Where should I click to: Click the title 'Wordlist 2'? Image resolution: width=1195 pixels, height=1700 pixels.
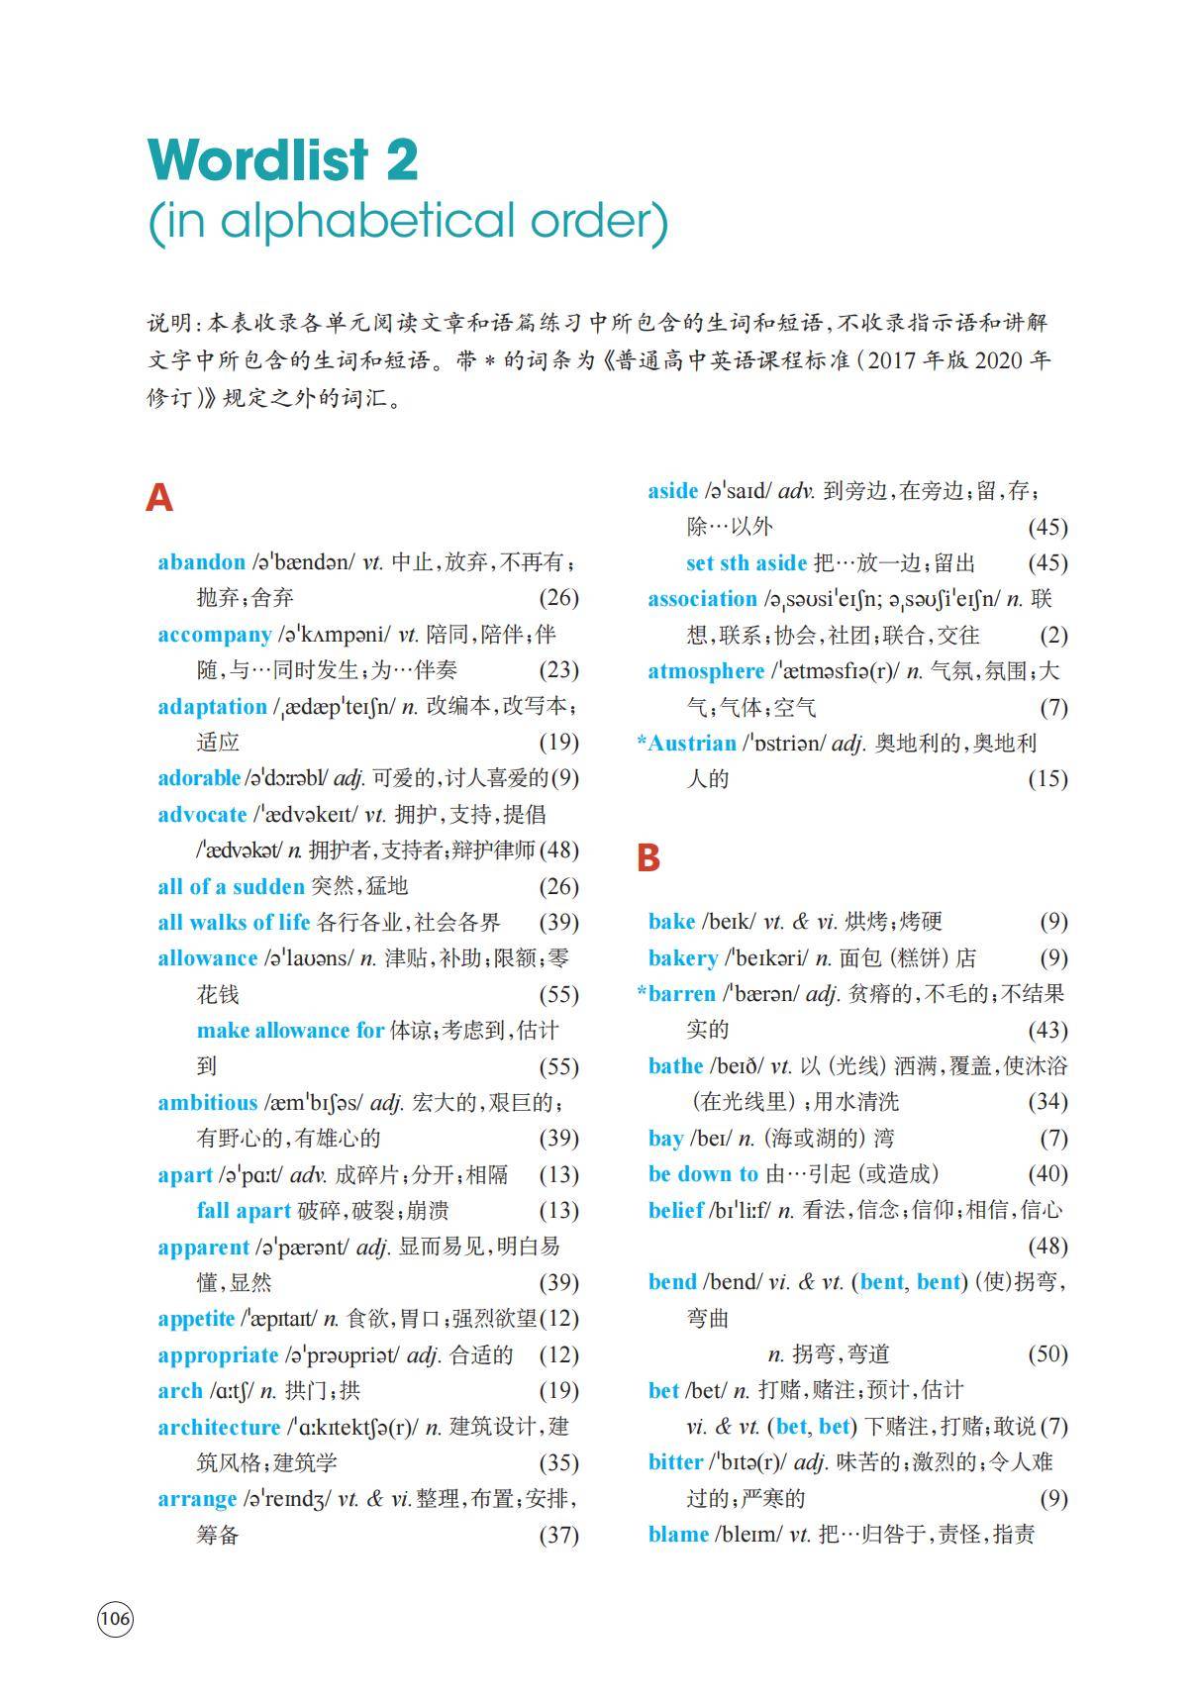tap(283, 159)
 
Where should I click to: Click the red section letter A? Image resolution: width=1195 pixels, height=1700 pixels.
tap(158, 497)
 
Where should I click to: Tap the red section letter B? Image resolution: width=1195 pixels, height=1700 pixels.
tap(647, 857)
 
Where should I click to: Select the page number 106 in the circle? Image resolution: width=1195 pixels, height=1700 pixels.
tap(115, 1619)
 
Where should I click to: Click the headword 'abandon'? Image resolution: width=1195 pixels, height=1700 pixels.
tap(201, 562)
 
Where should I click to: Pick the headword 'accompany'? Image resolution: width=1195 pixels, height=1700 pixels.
tap(214, 635)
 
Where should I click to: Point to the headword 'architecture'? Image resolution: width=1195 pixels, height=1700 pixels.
tap(219, 1427)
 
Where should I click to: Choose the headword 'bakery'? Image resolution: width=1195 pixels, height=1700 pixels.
tap(682, 958)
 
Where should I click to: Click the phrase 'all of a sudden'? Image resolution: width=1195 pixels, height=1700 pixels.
tap(231, 886)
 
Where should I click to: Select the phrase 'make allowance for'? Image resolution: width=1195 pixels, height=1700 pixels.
tap(290, 1031)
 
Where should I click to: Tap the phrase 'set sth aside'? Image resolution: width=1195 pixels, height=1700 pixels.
tap(746, 563)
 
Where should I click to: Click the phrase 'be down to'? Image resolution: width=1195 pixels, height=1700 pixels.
tap(703, 1174)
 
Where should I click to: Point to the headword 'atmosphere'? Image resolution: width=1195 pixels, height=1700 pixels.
tap(705, 671)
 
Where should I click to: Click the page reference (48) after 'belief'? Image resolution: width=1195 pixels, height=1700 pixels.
tap(1047, 1246)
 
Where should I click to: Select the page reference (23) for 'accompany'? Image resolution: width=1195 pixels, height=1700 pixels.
tap(558, 670)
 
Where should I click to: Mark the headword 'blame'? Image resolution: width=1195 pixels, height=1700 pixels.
tap(678, 1535)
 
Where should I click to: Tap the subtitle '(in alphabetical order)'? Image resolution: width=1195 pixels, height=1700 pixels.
tap(408, 222)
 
